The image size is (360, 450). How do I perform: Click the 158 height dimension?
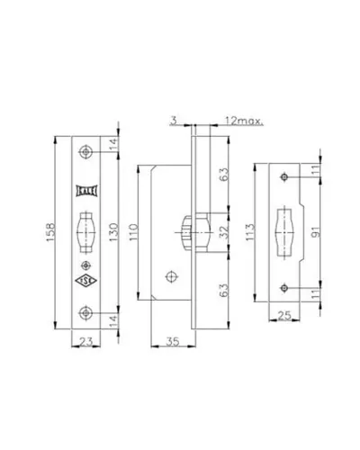pos(50,232)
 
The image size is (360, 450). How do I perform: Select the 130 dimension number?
pos(113,232)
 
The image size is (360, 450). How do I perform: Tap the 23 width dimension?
pos(85,341)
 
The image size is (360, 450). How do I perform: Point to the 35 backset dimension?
pos(173,341)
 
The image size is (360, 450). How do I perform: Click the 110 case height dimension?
pos(133,232)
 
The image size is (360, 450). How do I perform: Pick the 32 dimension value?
pos(224,232)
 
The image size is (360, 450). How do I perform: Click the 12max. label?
pos(244,121)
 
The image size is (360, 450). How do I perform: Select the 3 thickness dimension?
pos(174,121)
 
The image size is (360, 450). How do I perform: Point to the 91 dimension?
pos(315,232)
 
